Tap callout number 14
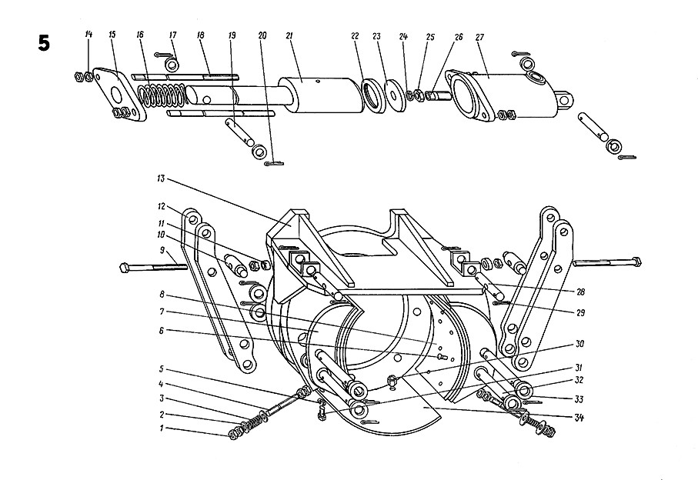coord(89,34)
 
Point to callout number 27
coord(480,38)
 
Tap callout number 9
coord(162,250)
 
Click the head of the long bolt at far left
coord(126,268)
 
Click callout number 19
coord(231,36)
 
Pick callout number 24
coord(404,37)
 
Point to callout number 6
coord(162,330)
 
